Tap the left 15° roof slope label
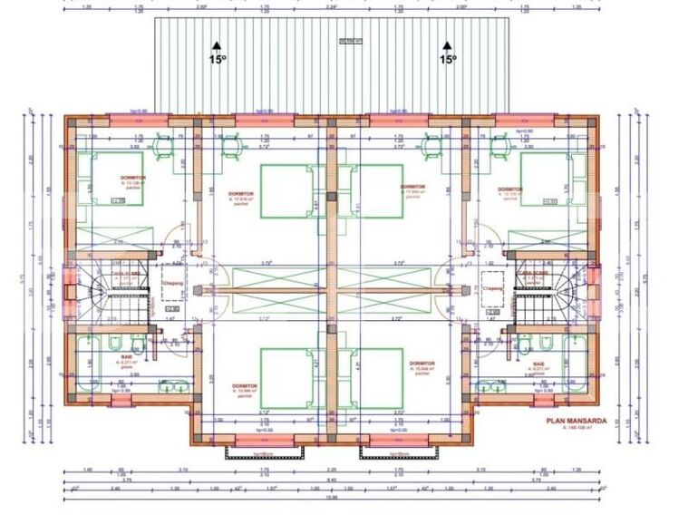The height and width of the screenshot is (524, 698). pos(217,59)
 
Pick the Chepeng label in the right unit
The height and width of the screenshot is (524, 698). pos(493,288)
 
